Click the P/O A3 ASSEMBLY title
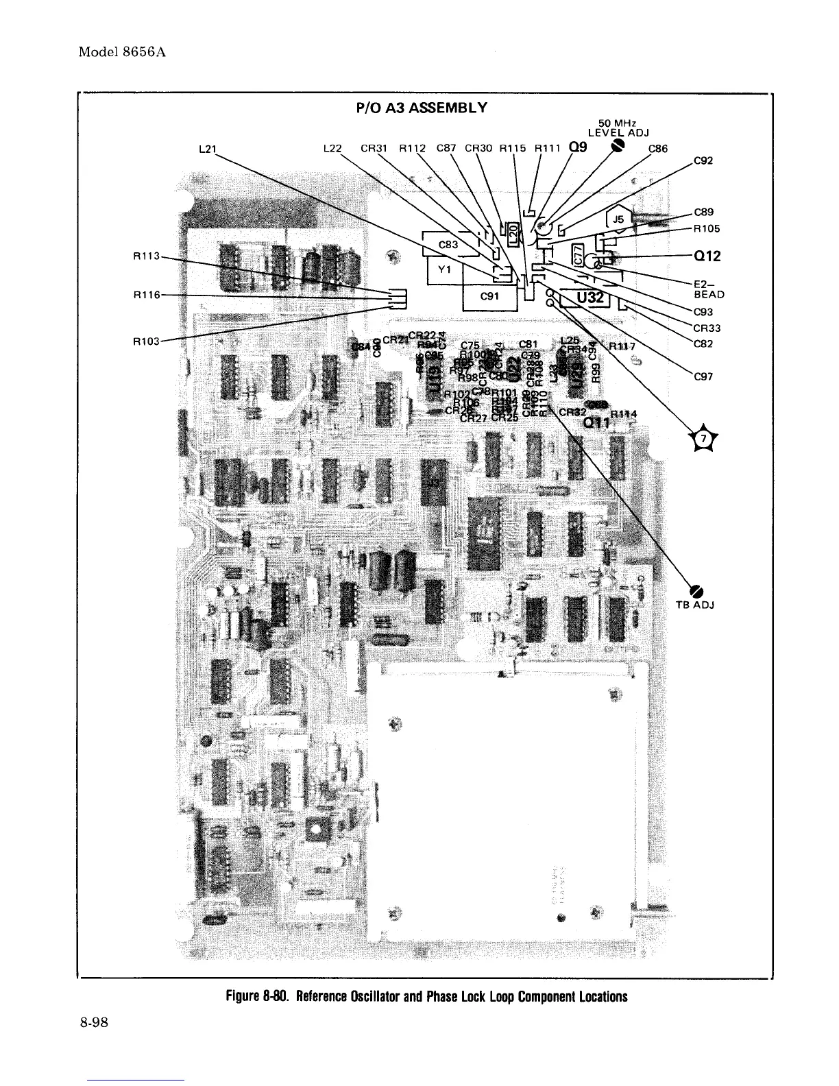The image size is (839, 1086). point(421,108)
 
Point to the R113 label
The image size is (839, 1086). point(145,256)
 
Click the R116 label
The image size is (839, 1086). point(145,295)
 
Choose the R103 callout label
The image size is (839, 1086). point(145,341)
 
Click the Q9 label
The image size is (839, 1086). point(578,147)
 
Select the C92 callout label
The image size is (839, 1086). point(703,162)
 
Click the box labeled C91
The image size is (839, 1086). point(489,296)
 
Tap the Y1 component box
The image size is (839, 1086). point(443,269)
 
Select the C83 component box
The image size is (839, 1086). point(448,245)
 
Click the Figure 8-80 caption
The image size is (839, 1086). point(420,996)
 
